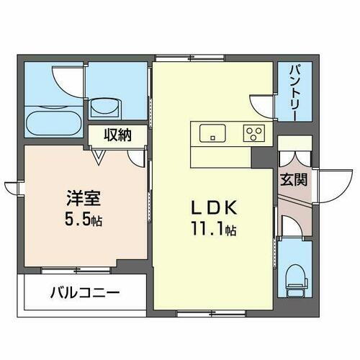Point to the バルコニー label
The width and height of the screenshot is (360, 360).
tap(84, 293)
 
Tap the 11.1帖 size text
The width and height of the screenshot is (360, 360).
tap(213, 231)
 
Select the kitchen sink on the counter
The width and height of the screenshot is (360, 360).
tap(212, 132)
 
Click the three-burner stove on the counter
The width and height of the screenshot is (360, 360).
tap(255, 132)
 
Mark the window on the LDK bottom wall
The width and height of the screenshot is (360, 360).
tap(199, 313)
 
